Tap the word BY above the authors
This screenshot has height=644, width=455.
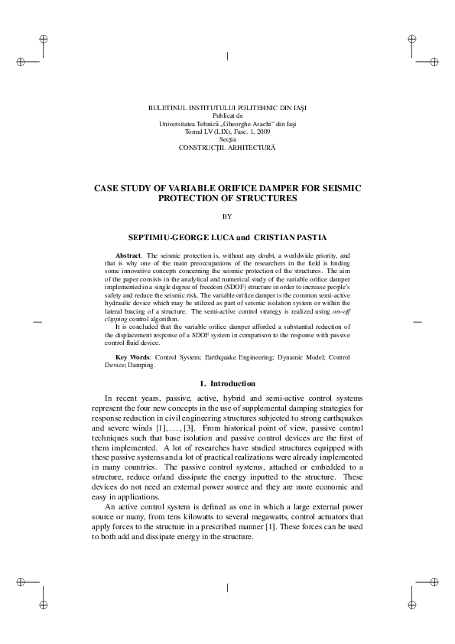tap(226, 216)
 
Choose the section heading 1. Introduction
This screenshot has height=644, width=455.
tap(227, 383)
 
